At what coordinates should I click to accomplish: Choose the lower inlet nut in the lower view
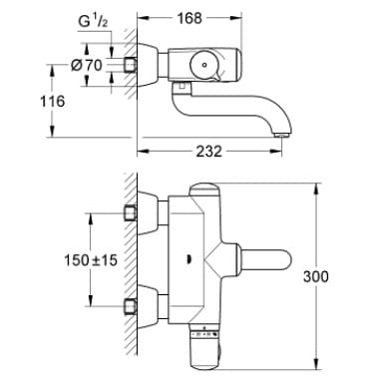coord(129,303)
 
